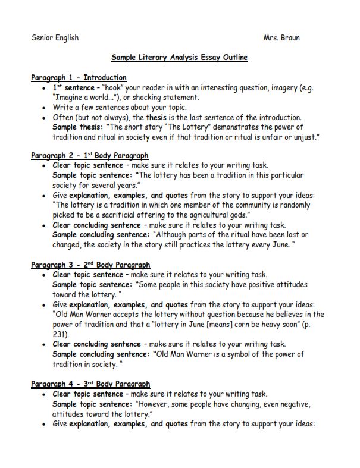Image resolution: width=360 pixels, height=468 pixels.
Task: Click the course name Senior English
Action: pyautogui.click(x=55, y=38)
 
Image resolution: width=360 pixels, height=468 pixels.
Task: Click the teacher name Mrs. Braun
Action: pyautogui.click(x=281, y=38)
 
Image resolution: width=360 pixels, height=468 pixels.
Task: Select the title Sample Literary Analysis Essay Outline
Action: pyautogui.click(x=179, y=58)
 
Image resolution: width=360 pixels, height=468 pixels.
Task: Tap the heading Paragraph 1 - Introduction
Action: pyautogui.click(x=79, y=77)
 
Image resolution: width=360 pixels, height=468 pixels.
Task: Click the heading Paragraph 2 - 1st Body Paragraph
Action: pyautogui.click(x=89, y=156)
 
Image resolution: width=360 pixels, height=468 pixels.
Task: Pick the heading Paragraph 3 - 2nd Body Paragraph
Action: pyautogui.click(x=90, y=265)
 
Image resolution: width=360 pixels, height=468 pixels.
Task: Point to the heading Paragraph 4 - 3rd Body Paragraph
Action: pyautogui.click(x=90, y=384)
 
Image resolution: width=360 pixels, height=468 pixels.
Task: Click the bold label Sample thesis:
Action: pyautogui.click(x=77, y=127)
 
